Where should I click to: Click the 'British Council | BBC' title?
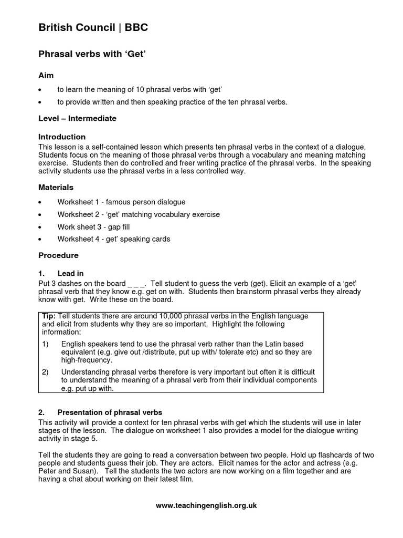click(x=93, y=28)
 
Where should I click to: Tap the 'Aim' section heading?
click(x=46, y=76)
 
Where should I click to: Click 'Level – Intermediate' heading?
click(x=77, y=118)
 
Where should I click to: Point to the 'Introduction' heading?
click(x=62, y=137)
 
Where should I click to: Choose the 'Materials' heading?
click(x=56, y=187)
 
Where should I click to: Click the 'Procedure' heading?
click(x=58, y=255)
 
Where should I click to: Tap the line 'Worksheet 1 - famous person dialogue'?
click(x=121, y=202)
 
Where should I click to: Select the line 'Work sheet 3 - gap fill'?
click(x=93, y=227)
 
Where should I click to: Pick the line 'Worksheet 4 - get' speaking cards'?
click(x=114, y=239)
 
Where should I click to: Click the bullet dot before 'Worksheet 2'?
click(x=41, y=215)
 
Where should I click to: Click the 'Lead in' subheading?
click(x=70, y=273)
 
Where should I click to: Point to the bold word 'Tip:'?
click(x=49, y=316)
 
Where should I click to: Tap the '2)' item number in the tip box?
click(x=45, y=372)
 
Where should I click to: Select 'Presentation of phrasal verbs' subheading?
click(x=110, y=412)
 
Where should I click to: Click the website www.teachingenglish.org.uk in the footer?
click(x=206, y=505)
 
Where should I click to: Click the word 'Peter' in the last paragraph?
click(x=49, y=471)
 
